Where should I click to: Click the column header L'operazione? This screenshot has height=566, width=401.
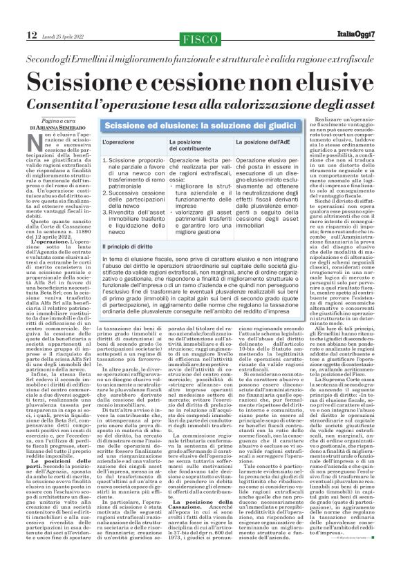pyautogui.click(x=124, y=143)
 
